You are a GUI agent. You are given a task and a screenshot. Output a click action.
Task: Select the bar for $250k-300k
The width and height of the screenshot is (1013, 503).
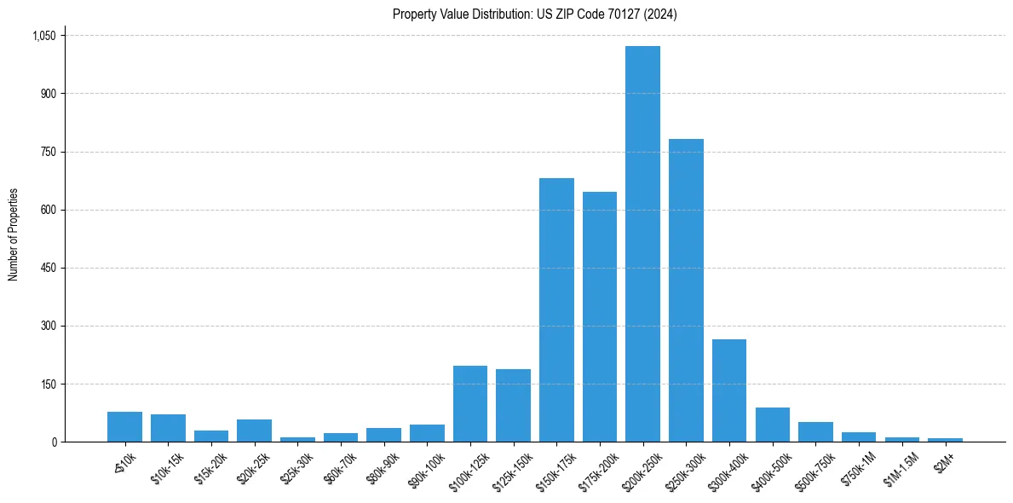(686, 290)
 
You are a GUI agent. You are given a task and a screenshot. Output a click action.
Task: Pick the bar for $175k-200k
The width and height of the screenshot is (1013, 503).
(600, 316)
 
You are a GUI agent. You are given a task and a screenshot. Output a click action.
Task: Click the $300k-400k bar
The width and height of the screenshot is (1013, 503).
(729, 390)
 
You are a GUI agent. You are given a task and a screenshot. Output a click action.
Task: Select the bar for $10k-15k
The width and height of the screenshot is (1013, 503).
(168, 428)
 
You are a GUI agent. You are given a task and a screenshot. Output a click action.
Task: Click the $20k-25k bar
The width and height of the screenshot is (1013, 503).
(254, 431)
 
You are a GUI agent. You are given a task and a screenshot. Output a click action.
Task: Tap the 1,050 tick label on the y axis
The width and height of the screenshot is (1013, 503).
(43, 36)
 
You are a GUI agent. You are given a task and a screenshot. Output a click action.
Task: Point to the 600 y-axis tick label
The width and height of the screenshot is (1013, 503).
(49, 210)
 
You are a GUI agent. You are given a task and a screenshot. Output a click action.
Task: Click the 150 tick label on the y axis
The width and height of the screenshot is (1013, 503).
(49, 384)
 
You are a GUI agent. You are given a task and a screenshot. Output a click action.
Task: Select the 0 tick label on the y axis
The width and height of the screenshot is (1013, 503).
(54, 442)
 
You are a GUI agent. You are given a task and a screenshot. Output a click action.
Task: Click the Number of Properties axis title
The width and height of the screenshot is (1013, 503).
(14, 234)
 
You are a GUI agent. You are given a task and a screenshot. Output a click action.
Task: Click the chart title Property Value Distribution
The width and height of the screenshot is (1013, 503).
(535, 14)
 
